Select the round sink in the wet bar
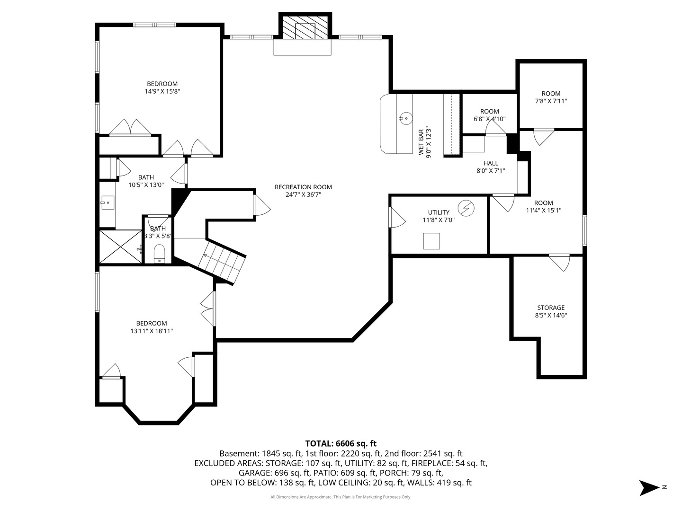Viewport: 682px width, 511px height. (x=405, y=118)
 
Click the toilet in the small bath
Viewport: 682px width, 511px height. (x=160, y=254)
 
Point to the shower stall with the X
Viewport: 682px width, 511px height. (x=121, y=247)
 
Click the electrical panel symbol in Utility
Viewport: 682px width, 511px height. (x=466, y=208)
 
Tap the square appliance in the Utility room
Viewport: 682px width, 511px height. (x=431, y=241)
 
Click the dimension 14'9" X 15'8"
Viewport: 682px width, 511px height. (x=162, y=91)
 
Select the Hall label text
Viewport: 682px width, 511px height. (x=491, y=163)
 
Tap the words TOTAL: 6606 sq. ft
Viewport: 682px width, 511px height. (x=341, y=443)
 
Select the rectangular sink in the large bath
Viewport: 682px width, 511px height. (x=107, y=203)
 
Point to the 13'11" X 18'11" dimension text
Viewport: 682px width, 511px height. (x=152, y=331)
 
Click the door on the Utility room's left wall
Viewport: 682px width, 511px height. (x=397, y=217)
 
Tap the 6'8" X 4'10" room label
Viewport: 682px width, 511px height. (x=489, y=119)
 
